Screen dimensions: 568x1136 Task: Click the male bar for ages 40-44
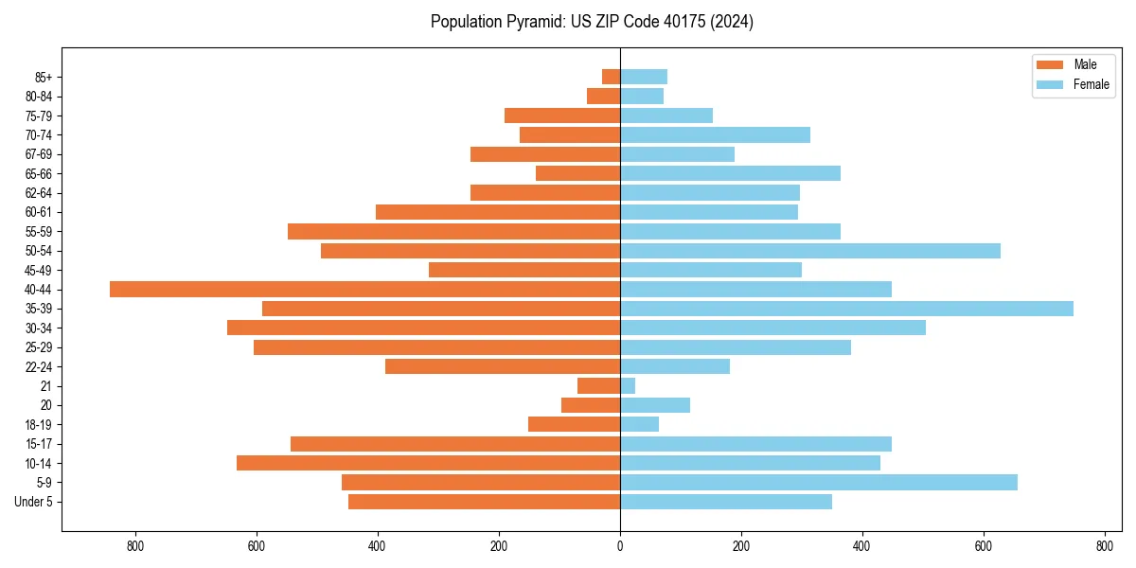pos(364,290)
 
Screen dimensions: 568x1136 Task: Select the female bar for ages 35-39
pos(846,309)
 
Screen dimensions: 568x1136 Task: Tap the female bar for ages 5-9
pos(819,483)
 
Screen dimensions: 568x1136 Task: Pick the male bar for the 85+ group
pos(612,77)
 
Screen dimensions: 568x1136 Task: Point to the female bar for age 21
pos(628,386)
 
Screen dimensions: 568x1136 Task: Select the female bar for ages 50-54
pos(810,251)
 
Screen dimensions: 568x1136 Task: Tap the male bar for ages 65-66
pos(577,173)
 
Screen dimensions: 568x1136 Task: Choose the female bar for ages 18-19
pos(639,424)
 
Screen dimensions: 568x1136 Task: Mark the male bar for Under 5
pos(484,502)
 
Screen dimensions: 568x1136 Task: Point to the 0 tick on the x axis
pos(620,546)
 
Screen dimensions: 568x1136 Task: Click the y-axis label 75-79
pos(39,115)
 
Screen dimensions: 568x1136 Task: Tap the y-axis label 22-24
pos(39,366)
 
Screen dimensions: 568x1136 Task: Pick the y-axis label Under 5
pos(34,502)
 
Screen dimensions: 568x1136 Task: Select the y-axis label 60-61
pos(39,212)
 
